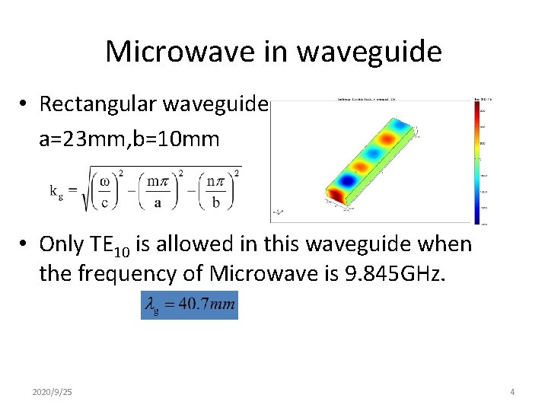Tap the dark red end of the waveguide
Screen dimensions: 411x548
[335, 196]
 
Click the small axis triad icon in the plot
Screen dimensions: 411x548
[279, 212]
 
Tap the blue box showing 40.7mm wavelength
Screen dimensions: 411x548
[190, 305]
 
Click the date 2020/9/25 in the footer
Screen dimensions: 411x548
[53, 391]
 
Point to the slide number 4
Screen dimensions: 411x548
[512, 391]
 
